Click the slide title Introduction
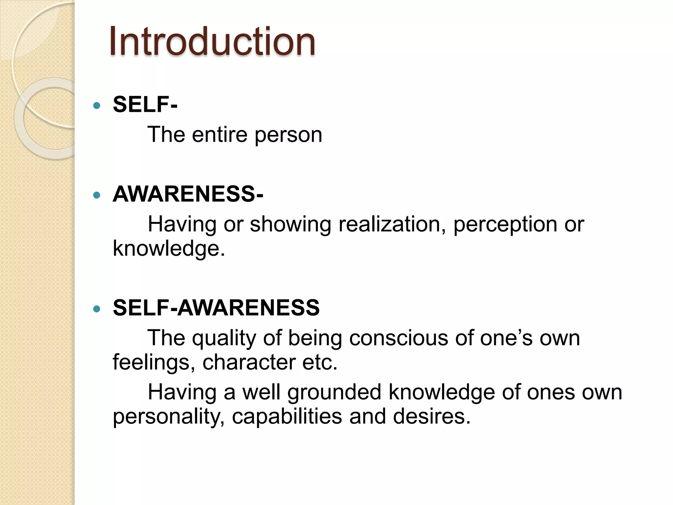click(x=212, y=42)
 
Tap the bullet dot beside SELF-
click(x=97, y=106)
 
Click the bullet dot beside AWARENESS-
click(x=97, y=195)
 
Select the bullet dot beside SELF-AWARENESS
click(x=97, y=309)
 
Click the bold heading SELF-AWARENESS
click(x=216, y=308)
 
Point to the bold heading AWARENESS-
click(x=188, y=194)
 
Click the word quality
click(x=224, y=339)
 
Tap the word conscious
click(x=398, y=338)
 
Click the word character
click(x=249, y=362)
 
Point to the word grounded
click(x=334, y=393)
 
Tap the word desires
click(x=431, y=416)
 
